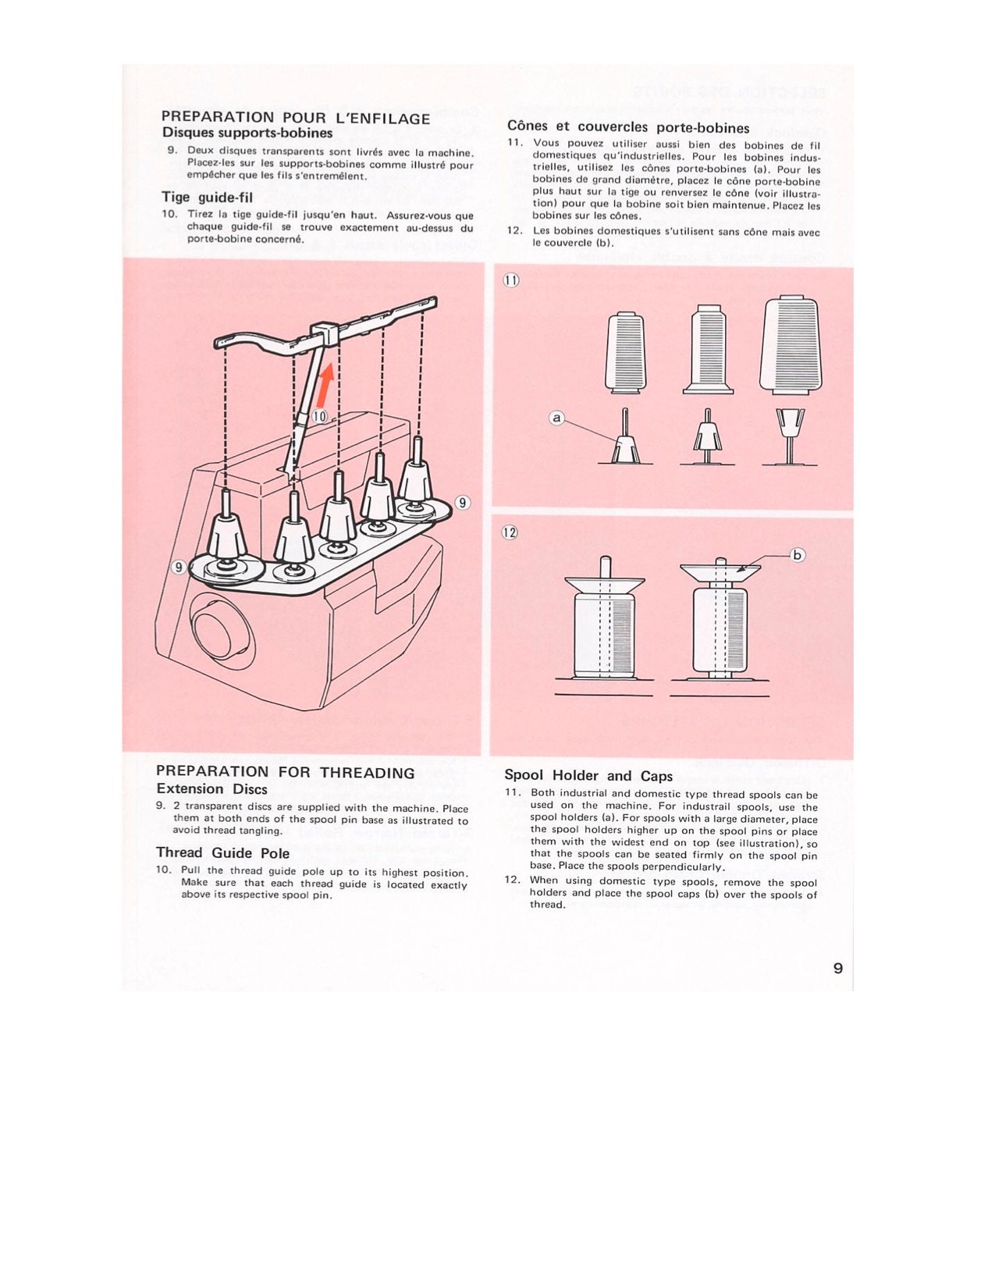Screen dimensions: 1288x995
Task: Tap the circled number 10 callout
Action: (320, 416)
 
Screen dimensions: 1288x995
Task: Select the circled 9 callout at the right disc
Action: (462, 502)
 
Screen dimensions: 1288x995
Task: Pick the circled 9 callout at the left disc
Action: (179, 567)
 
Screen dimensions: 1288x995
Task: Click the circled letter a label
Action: (556, 418)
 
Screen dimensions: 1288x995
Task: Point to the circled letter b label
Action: (797, 555)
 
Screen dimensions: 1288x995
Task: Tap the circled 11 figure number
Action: (511, 280)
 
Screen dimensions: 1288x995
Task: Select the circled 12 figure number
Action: (510, 532)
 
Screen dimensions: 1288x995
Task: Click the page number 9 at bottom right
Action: (838, 968)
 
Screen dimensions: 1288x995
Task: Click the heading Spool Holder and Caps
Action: (588, 776)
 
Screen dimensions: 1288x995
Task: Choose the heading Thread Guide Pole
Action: (222, 853)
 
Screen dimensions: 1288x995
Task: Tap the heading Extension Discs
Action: (211, 789)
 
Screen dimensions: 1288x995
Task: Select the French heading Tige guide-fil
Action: (207, 197)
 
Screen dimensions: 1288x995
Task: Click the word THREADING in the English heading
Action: (367, 773)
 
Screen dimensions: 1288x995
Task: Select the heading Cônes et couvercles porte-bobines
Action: (628, 127)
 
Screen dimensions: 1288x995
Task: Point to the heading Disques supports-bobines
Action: (247, 133)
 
